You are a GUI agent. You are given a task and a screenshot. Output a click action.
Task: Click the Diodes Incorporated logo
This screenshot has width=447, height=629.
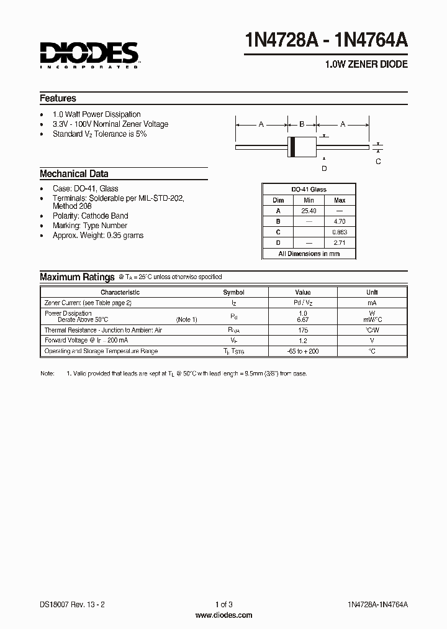pyautogui.click(x=89, y=53)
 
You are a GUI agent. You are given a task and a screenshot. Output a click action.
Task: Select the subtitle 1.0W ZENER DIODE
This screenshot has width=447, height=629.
pyautogui.click(x=366, y=65)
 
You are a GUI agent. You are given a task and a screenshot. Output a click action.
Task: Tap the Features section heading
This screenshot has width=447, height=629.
pyautogui.click(x=58, y=98)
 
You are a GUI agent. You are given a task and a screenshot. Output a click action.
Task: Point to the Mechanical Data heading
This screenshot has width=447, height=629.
pyautogui.click(x=74, y=174)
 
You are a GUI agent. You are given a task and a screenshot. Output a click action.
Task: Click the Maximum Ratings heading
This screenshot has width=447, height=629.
pyautogui.click(x=77, y=277)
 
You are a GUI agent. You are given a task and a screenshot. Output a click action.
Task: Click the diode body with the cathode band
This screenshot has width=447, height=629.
pyautogui.click(x=302, y=147)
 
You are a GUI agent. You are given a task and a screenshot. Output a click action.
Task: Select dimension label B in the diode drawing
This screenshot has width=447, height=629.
pyautogui.click(x=302, y=124)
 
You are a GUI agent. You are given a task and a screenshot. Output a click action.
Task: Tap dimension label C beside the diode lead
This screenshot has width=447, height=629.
pyautogui.click(x=378, y=162)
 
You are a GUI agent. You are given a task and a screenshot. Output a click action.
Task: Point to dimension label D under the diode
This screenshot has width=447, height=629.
pyautogui.click(x=323, y=168)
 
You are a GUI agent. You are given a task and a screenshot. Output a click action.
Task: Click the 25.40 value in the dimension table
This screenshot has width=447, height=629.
pyautogui.click(x=309, y=211)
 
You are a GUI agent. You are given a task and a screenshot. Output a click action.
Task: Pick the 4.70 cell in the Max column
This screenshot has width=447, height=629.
pyautogui.click(x=340, y=221)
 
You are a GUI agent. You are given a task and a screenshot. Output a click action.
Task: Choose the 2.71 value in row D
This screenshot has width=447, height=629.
pyautogui.click(x=340, y=242)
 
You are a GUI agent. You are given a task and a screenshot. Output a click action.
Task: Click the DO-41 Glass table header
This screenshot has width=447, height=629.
pyautogui.click(x=309, y=190)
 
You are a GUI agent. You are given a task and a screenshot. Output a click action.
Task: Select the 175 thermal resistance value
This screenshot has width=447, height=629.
pyautogui.click(x=303, y=330)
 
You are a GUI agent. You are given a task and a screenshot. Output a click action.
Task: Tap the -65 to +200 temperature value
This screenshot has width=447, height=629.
pyautogui.click(x=303, y=351)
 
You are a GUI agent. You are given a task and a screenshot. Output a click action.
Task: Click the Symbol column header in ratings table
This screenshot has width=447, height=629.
pyautogui.click(x=234, y=292)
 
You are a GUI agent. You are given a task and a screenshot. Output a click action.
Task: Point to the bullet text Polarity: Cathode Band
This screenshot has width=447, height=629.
pyautogui.click(x=90, y=216)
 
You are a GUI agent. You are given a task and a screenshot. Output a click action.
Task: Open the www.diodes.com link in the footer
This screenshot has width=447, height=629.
pyautogui.click(x=223, y=615)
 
